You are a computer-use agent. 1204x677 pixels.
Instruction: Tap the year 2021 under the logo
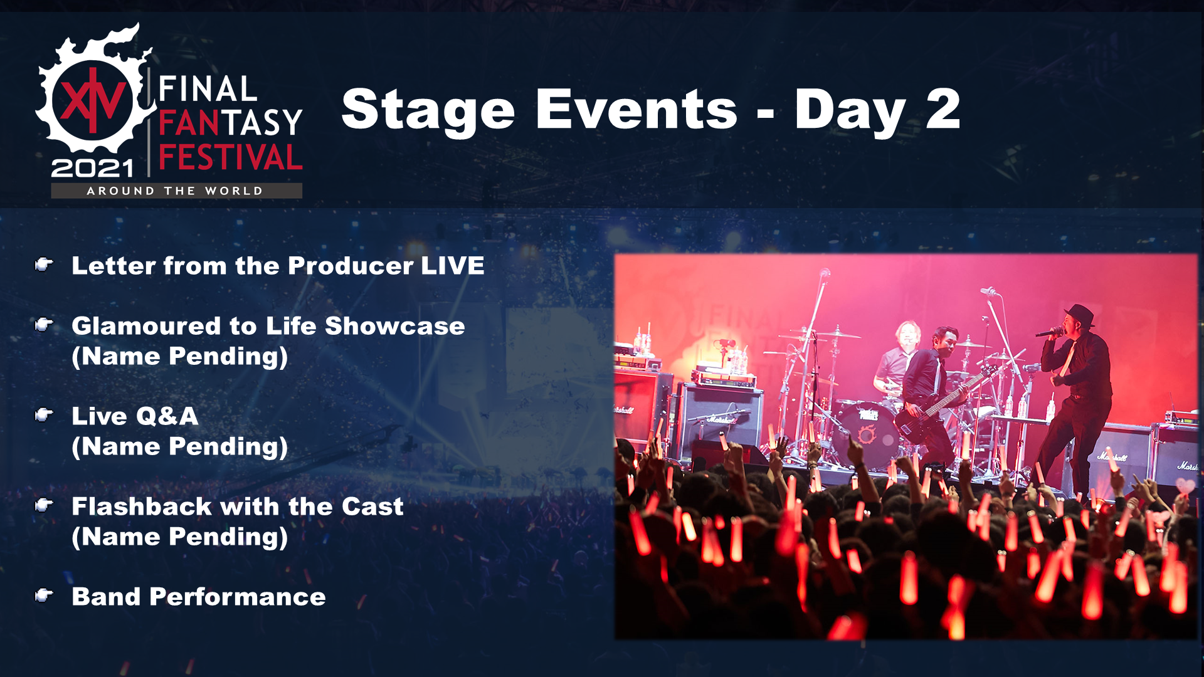tap(93, 168)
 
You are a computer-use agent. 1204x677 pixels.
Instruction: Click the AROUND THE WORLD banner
tap(176, 191)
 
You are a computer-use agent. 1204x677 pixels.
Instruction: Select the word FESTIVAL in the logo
tap(231, 157)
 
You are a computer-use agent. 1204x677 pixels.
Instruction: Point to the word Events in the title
tap(636, 109)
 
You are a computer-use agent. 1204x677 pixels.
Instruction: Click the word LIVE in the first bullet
tap(453, 266)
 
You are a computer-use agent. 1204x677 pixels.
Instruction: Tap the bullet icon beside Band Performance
tap(43, 595)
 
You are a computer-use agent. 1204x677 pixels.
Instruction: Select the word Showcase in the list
tap(395, 326)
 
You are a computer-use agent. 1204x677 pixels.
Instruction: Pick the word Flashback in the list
tap(142, 506)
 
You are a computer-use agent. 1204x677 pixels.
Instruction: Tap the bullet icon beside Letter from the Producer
tap(43, 265)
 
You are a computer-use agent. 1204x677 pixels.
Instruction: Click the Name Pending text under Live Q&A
tap(180, 447)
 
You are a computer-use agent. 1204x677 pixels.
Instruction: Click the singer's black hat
tap(1079, 315)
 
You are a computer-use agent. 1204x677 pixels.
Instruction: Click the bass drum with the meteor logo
tap(867, 433)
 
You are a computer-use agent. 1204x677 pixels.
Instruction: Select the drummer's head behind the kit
tap(907, 334)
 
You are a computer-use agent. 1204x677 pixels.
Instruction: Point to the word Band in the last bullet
tap(106, 597)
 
